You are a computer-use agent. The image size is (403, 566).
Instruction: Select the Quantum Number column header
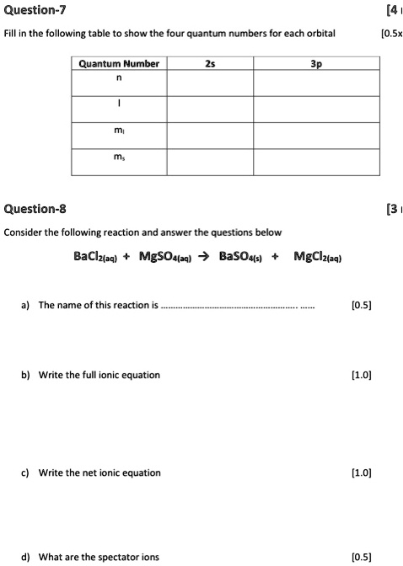119,64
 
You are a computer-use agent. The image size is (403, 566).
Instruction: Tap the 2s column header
209,64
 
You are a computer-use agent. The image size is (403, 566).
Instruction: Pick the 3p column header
314,64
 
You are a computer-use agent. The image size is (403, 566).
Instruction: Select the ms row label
119,162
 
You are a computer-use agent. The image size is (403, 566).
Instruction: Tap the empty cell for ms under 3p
314,162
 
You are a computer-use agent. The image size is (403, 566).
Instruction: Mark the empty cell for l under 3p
314,109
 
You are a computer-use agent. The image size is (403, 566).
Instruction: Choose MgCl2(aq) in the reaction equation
317,256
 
